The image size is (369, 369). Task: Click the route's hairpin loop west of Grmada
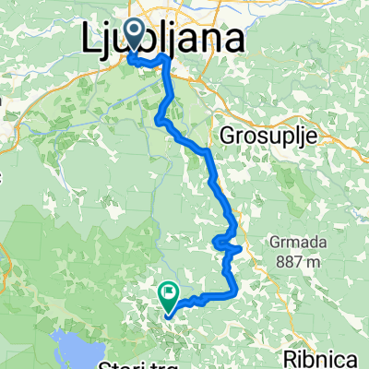[x=224, y=244]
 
